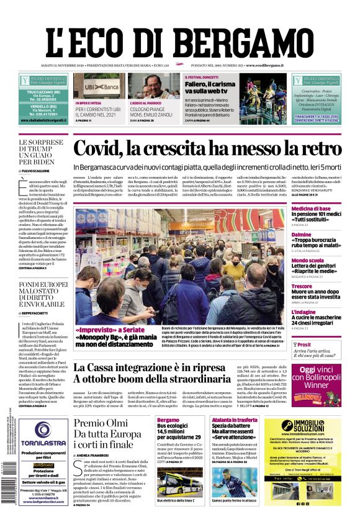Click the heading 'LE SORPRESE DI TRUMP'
pyautogui.click(x=40, y=151)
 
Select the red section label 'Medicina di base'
pyautogui.click(x=311, y=209)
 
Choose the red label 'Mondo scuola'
pyautogui.click(x=308, y=260)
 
